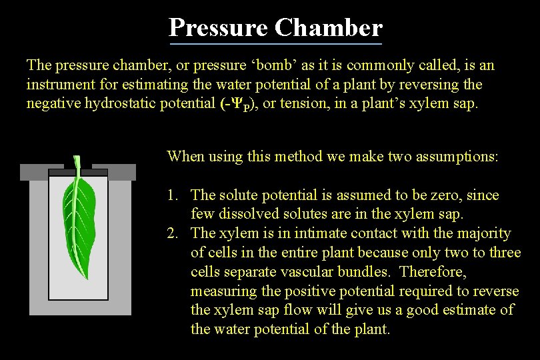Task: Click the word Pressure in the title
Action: [218, 28]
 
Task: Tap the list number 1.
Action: [173, 195]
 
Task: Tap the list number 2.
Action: [173, 233]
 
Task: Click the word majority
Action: [485, 233]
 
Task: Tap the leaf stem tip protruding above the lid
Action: [77, 161]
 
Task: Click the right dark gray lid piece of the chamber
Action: [113, 172]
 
